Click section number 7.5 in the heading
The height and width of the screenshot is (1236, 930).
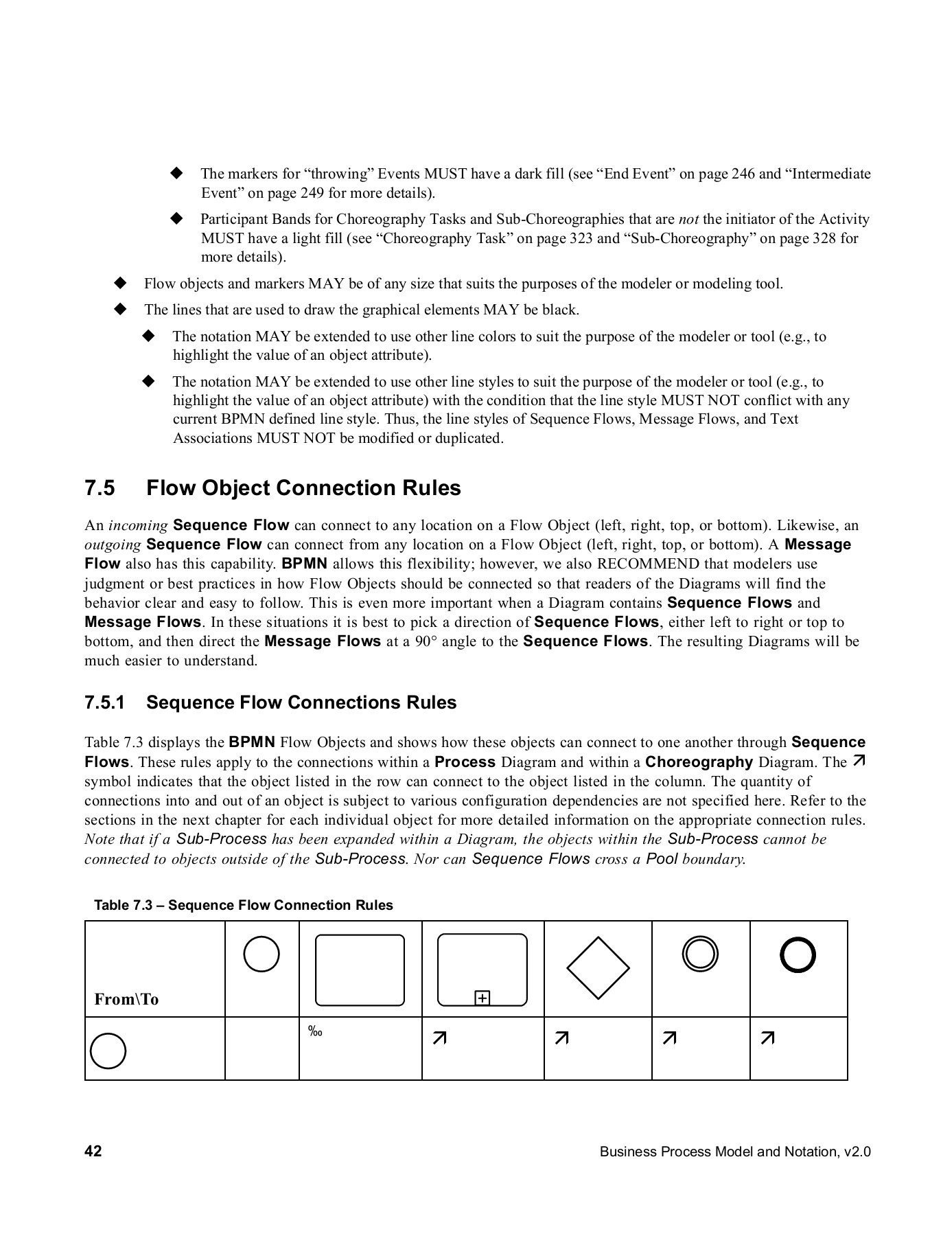(x=100, y=488)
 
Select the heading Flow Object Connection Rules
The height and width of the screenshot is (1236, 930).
(x=303, y=488)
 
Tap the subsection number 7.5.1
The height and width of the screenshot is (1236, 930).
(x=104, y=702)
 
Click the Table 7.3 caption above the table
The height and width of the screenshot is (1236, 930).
(x=243, y=905)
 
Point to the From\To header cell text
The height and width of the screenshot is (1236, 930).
(x=126, y=999)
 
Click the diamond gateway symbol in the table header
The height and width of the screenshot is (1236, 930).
(x=598, y=968)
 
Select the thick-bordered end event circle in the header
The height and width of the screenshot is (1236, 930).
(x=798, y=955)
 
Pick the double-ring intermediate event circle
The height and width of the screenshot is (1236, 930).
(x=700, y=954)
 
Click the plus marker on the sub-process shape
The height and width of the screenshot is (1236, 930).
(x=483, y=998)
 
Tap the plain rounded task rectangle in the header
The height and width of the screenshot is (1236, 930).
(x=360, y=970)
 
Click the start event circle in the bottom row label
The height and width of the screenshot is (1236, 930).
(x=108, y=1051)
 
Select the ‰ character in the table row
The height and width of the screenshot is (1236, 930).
(x=315, y=1031)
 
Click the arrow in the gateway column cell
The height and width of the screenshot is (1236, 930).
(x=561, y=1038)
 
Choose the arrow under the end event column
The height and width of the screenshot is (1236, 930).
(x=768, y=1038)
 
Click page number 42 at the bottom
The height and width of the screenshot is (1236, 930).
(x=93, y=1152)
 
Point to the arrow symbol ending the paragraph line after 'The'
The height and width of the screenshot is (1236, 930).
(x=859, y=761)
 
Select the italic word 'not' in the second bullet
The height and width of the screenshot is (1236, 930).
(x=688, y=219)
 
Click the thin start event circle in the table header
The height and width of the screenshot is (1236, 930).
(x=261, y=954)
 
